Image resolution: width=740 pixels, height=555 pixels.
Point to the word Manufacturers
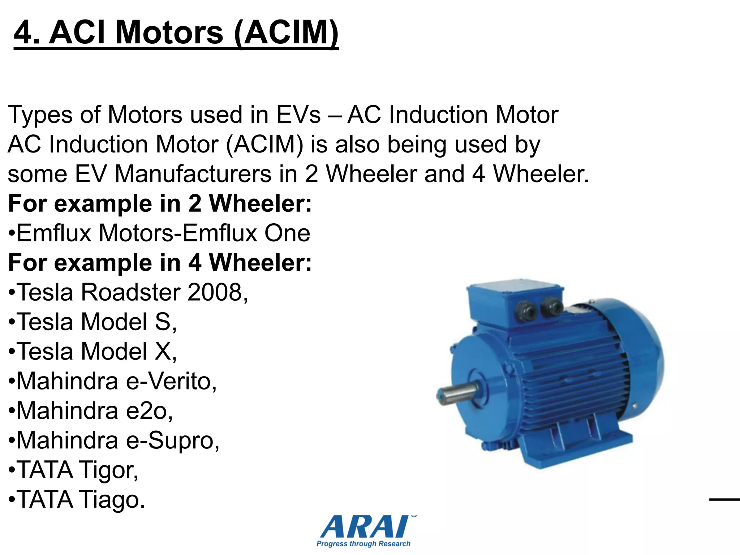click(x=193, y=174)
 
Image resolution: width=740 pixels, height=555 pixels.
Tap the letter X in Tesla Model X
click(x=163, y=351)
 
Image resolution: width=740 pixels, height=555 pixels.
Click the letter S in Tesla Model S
click(x=163, y=322)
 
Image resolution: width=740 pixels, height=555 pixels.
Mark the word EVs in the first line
click(x=298, y=115)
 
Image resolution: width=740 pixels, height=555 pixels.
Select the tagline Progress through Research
click(x=363, y=544)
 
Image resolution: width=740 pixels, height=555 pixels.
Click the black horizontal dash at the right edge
click(x=724, y=500)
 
